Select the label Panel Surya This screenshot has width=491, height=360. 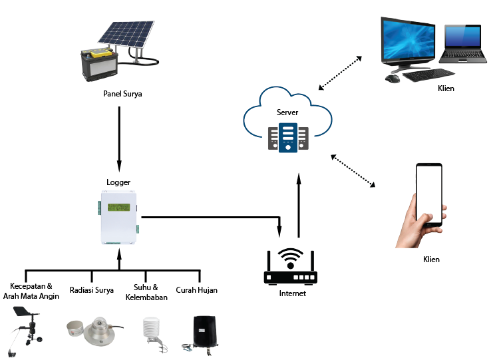(x=122, y=94)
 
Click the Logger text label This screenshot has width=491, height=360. (x=118, y=182)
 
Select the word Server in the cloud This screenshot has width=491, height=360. (x=287, y=113)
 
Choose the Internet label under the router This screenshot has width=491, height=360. (x=292, y=293)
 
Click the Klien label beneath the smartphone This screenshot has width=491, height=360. (x=431, y=260)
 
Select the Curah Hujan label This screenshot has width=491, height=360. (x=196, y=290)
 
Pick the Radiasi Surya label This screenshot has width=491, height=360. (x=91, y=290)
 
